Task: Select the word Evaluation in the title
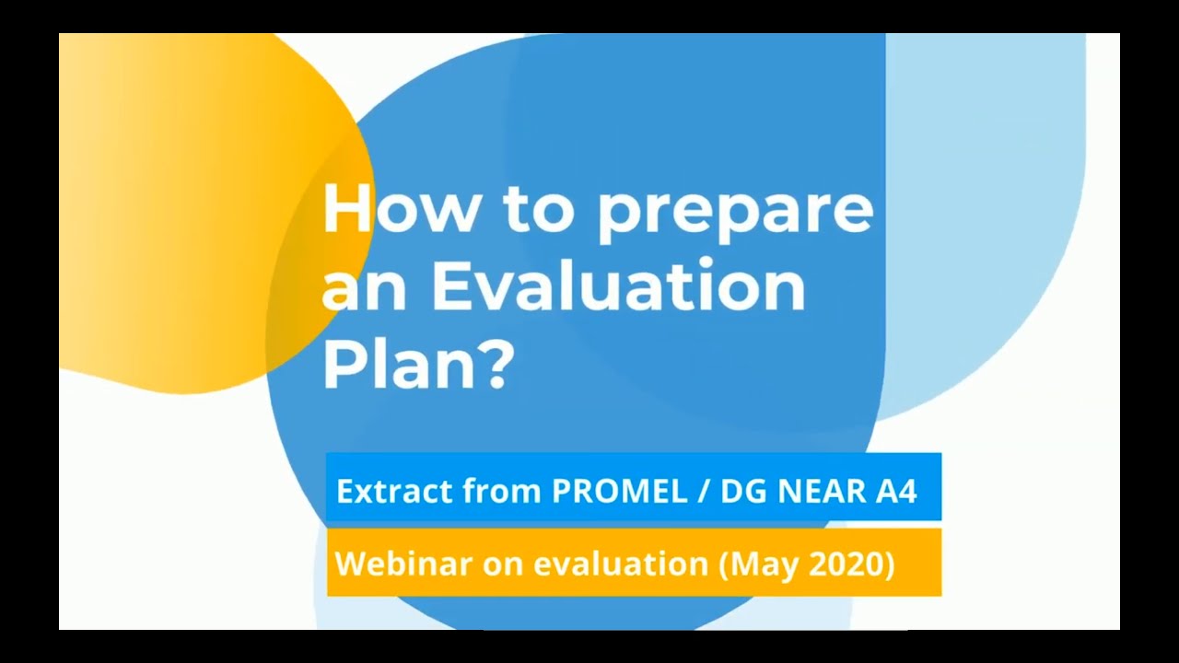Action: tap(618, 286)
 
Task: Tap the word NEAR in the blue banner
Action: tap(819, 492)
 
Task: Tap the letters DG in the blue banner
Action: tap(741, 492)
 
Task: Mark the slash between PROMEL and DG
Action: tap(704, 492)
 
